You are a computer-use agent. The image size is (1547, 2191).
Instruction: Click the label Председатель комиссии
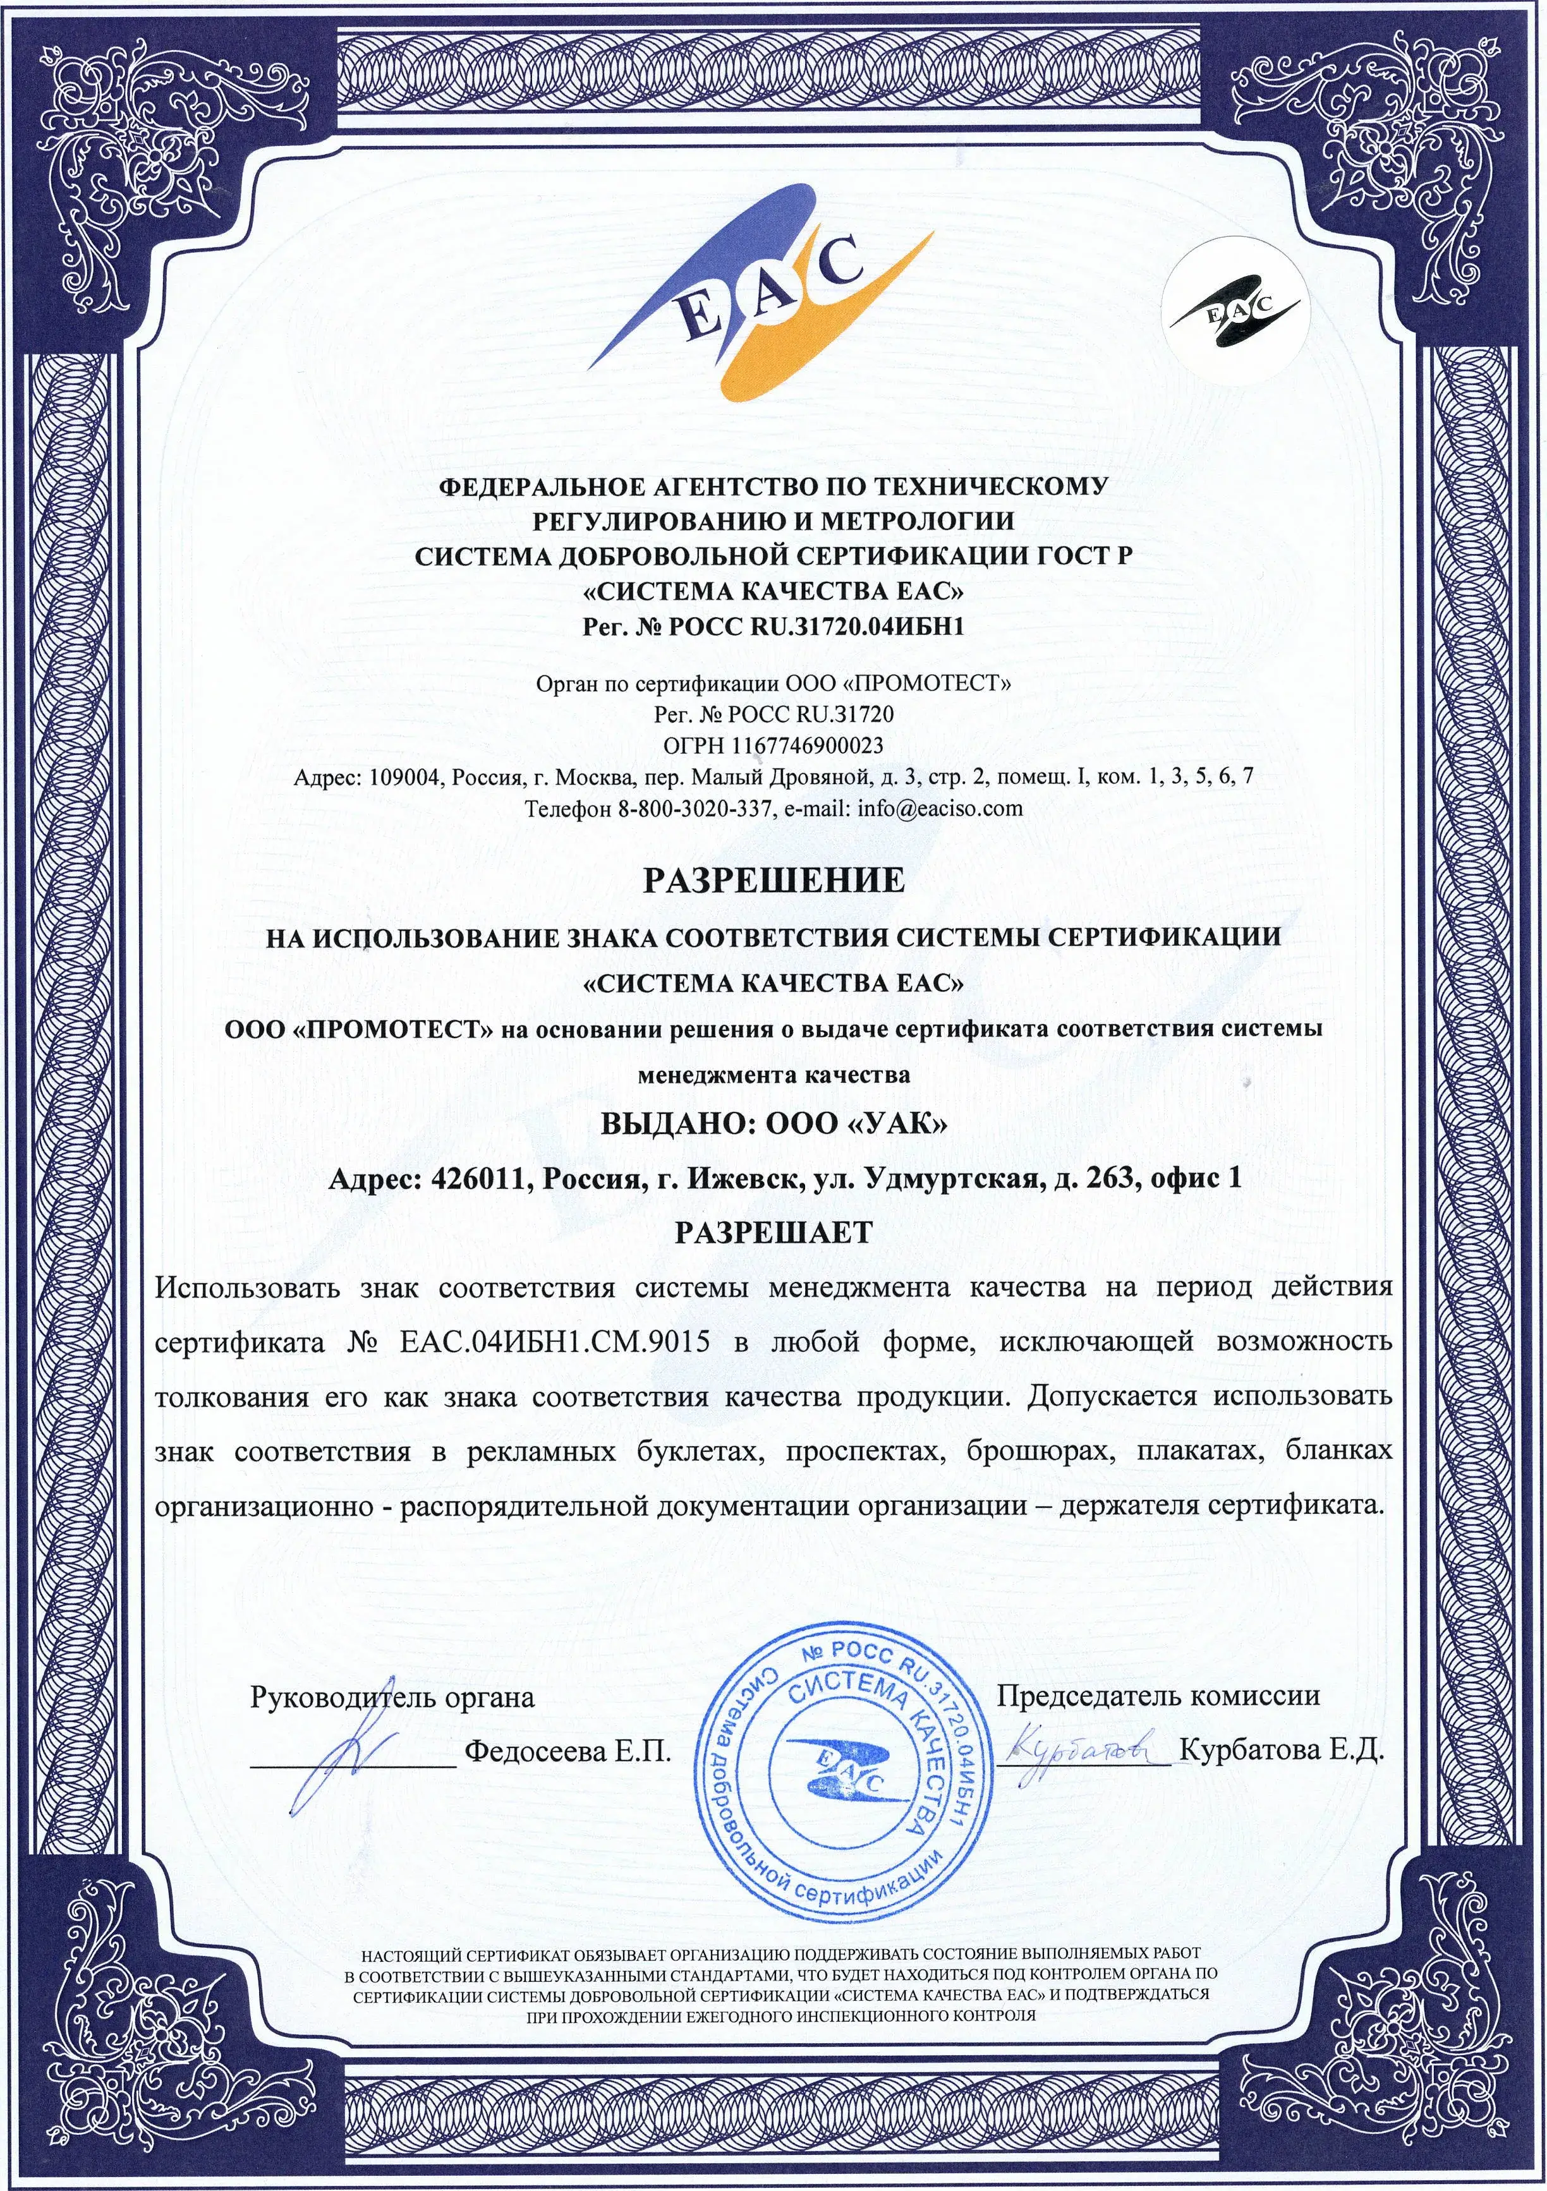[x=1158, y=1696]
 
